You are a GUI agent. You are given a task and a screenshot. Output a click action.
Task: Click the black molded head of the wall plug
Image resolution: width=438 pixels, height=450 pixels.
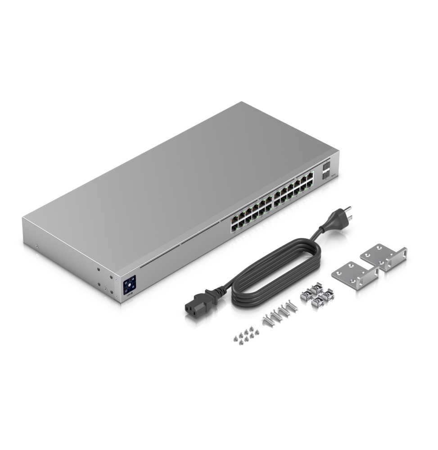[331, 222]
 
